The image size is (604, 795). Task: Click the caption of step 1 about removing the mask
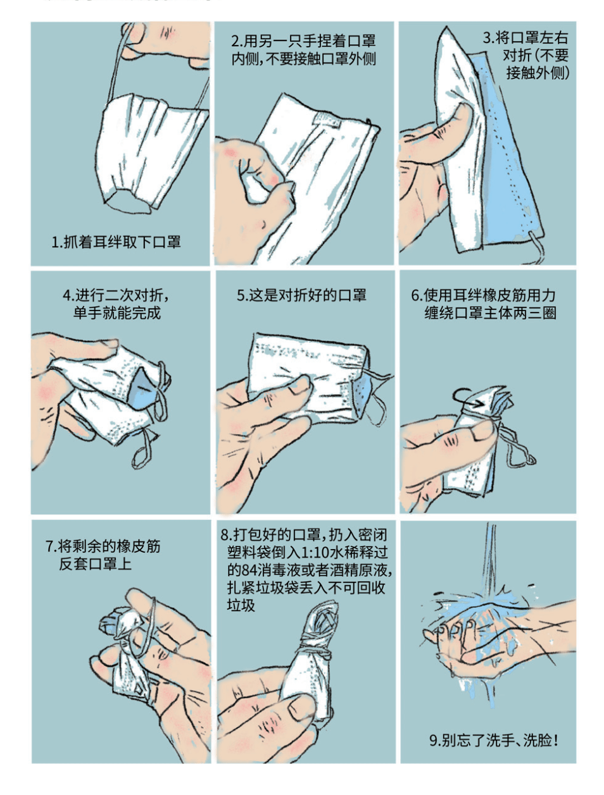116,242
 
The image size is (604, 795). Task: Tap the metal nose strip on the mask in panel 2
325,119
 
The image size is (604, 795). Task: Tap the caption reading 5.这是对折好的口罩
301,295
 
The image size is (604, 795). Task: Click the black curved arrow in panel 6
467,397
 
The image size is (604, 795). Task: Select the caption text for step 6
484,304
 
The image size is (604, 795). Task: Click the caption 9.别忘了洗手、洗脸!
494,740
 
